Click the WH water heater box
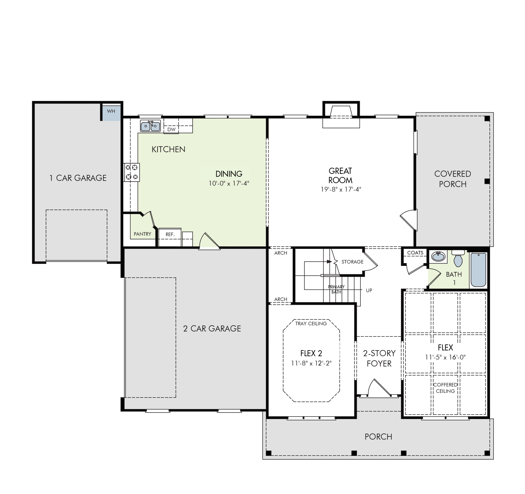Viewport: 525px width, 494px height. (111, 113)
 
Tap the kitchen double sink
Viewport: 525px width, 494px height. (150, 126)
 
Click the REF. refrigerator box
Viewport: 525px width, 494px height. (170, 237)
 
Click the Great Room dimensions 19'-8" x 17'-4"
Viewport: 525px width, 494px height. (341, 189)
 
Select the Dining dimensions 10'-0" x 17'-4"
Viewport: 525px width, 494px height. (229, 183)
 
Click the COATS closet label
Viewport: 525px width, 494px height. (415, 253)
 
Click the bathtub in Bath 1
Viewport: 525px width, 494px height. (478, 270)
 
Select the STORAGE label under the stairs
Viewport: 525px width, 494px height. (352, 262)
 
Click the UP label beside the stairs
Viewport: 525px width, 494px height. (369, 290)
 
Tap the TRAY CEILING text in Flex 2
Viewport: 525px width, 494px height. (311, 323)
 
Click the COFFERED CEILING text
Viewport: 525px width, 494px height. (445, 388)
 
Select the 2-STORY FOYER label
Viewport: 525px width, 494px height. (379, 358)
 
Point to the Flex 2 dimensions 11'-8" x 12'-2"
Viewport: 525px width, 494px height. (311, 363)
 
